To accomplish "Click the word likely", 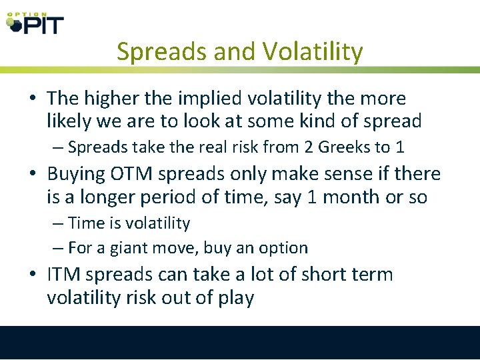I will point(70,121).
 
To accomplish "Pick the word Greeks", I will point(347,147).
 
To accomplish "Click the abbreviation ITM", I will point(65,274).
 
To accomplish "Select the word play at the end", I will point(233,298).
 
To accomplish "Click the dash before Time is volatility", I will point(58,223).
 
